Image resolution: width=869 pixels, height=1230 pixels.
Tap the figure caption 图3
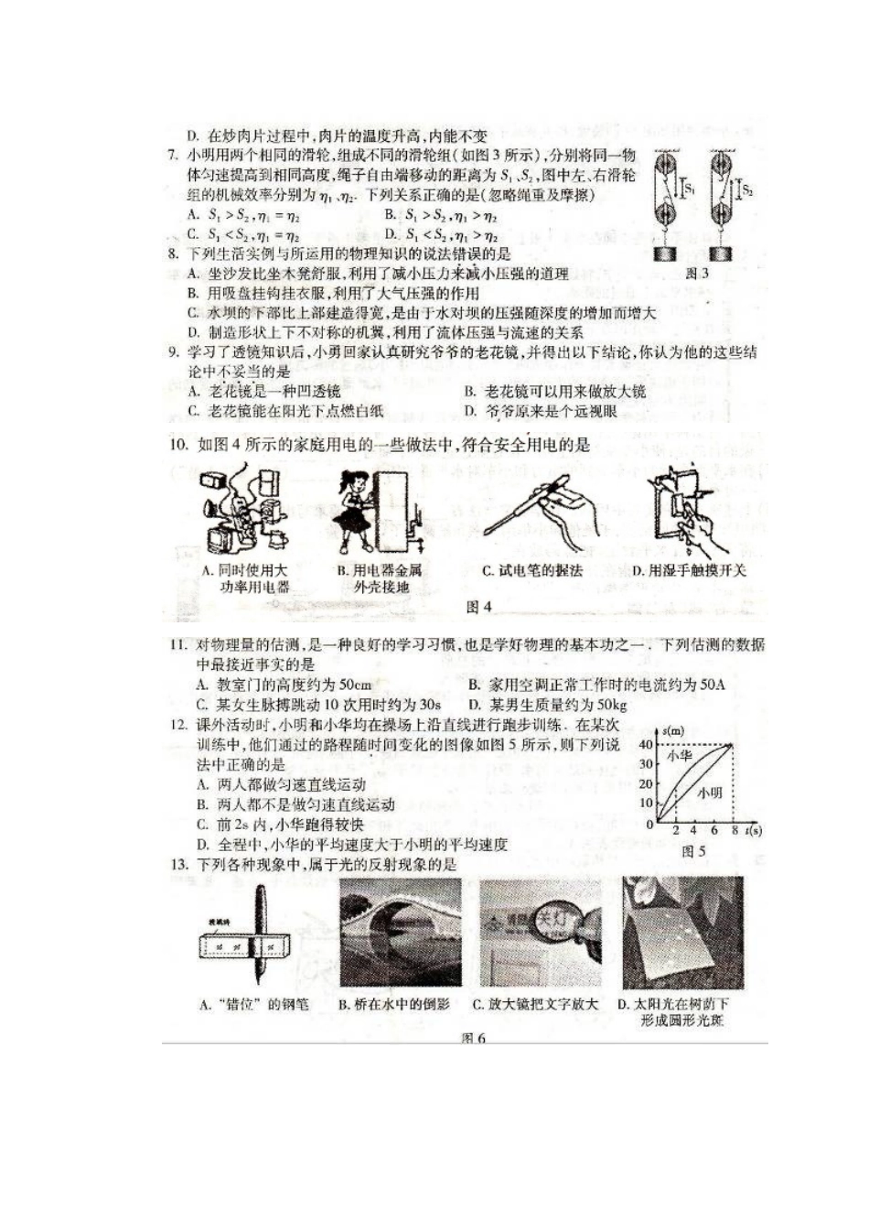tap(697, 273)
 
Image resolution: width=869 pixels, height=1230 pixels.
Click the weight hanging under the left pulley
tap(666, 254)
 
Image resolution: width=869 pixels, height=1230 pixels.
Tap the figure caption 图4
tap(479, 606)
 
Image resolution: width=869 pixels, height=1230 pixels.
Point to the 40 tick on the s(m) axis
tap(647, 744)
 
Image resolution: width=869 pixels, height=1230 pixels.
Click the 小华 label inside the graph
tap(679, 756)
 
